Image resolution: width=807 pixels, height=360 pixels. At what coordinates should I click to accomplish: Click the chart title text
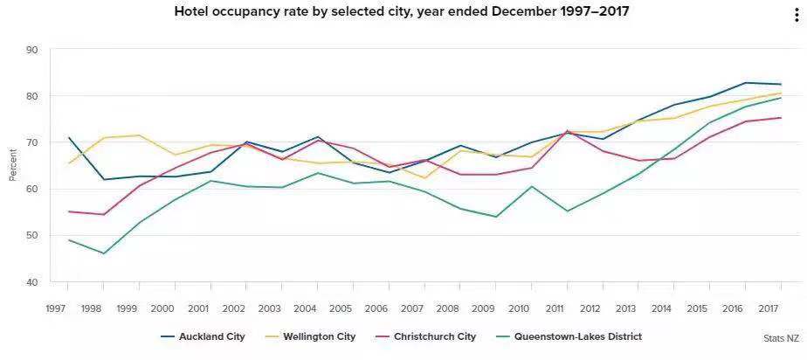[402, 12]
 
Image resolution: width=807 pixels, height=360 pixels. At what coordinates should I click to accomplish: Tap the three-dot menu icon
[796, 16]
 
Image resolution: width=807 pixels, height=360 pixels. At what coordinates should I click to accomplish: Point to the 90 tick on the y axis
[32, 50]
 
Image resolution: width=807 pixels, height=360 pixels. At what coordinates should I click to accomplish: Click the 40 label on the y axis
[32, 283]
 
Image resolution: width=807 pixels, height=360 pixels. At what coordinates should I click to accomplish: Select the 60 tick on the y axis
[32, 190]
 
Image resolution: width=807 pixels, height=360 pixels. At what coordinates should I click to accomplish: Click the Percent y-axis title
[12, 165]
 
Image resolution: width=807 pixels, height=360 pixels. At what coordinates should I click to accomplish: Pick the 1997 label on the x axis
[57, 308]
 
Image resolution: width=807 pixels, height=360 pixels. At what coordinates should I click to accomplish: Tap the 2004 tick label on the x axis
[305, 308]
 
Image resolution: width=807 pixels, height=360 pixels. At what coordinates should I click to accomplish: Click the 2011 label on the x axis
[554, 308]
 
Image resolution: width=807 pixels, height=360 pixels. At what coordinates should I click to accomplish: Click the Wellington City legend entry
[314, 336]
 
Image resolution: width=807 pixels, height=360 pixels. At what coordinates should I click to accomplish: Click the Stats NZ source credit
[780, 337]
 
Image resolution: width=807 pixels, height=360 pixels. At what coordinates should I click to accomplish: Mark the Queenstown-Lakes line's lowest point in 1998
[104, 253]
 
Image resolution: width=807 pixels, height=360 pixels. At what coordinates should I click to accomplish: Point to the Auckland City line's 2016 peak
[745, 83]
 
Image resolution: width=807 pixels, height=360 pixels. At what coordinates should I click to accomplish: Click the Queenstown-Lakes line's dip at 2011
[567, 211]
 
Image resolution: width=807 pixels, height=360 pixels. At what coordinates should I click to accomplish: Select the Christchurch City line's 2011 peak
[567, 131]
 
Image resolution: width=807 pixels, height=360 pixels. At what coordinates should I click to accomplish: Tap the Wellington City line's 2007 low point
[425, 178]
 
